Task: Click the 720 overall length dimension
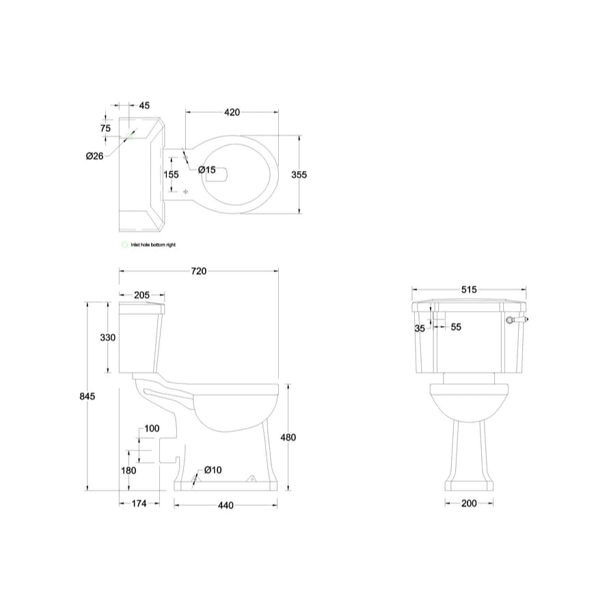pos(198,271)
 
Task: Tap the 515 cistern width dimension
pos(469,289)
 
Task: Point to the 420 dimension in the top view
pos(231,111)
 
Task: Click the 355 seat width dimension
pos(299,174)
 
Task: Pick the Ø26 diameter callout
pos(94,156)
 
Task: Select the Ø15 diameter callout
pos(207,170)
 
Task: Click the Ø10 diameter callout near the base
pos(212,470)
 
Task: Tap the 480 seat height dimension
pos(288,437)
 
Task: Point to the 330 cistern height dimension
pos(108,337)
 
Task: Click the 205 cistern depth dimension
pos(141,295)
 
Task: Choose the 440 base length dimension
pos(226,505)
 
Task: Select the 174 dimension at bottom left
pos(140,505)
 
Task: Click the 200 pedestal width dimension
pos(469,504)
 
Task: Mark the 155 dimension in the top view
pos(171,174)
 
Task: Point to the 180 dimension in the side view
pos(128,470)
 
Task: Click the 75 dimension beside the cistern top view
pos(105,128)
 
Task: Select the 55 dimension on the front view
pos(456,327)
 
